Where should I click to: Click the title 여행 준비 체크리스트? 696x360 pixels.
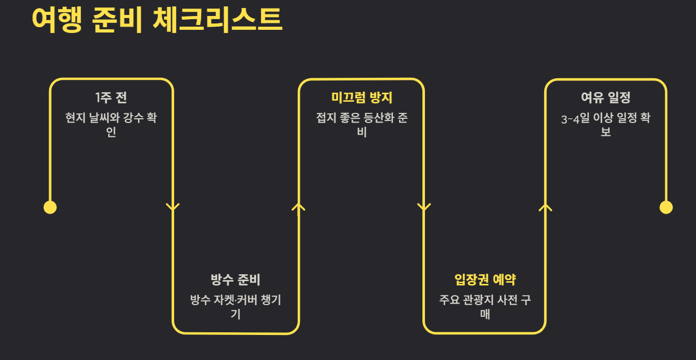[157, 20]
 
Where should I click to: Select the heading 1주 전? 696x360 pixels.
[111, 97]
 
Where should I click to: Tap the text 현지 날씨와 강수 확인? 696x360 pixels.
[111, 125]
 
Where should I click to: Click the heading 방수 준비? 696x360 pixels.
[235, 280]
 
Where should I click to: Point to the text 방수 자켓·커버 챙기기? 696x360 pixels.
[235, 307]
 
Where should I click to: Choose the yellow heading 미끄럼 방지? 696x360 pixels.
[362, 97]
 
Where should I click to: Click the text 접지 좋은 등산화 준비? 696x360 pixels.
[362, 125]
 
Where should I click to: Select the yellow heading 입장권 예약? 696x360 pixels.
[485, 280]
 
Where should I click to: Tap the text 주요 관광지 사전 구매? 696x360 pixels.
[485, 307]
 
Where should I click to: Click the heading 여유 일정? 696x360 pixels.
[605, 97]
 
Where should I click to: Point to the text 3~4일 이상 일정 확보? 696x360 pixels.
[605, 125]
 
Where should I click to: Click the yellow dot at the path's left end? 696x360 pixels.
[50, 207]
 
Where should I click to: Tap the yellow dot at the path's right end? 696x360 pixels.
[666, 207]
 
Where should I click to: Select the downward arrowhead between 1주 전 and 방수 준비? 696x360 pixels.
[173, 207]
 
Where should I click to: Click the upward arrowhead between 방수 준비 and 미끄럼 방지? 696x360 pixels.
[298, 207]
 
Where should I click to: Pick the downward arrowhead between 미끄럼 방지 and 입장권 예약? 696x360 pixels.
[424, 207]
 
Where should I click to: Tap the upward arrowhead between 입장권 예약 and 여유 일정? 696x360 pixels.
[545, 207]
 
